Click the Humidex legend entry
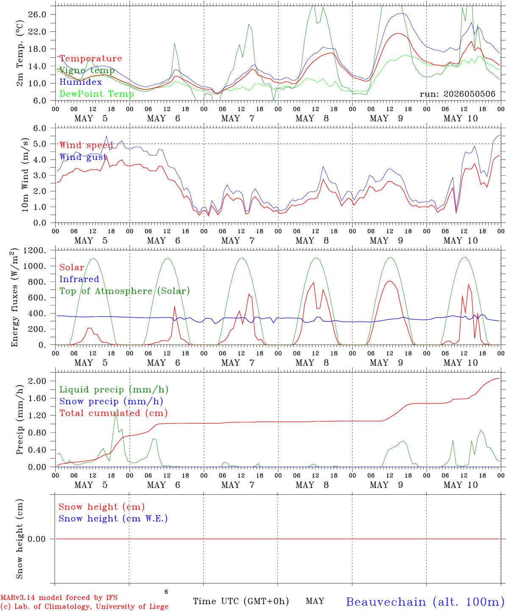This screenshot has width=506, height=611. [81, 82]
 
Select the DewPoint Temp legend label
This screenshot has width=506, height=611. [97, 94]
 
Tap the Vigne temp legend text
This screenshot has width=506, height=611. [87, 70]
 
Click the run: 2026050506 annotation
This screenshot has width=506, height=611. [457, 94]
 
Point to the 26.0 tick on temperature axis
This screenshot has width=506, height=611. [37, 14]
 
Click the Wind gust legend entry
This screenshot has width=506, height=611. [83, 157]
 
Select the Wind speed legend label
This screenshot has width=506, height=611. [86, 145]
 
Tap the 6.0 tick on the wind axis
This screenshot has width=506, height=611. [40, 128]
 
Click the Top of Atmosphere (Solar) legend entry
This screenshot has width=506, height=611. [125, 291]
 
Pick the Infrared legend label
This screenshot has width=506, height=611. [79, 279]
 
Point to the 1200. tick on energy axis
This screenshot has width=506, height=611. [35, 250]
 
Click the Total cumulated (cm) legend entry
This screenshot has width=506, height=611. [114, 413]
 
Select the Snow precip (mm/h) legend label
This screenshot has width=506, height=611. [111, 401]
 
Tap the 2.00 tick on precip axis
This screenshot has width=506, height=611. [37, 381]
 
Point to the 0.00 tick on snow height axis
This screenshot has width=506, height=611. [36, 539]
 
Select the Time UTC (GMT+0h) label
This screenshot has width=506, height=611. [241, 601]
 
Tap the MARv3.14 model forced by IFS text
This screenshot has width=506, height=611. [59, 597]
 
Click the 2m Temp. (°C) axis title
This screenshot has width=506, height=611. [19, 53]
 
